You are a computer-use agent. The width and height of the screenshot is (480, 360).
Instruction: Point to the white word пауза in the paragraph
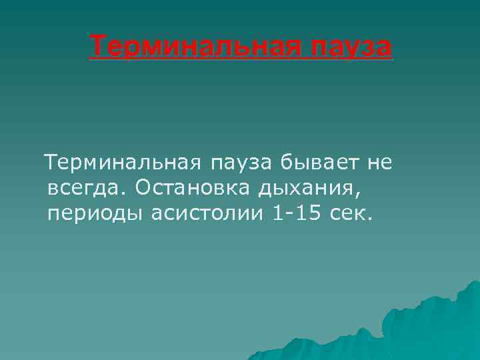[x=243, y=163]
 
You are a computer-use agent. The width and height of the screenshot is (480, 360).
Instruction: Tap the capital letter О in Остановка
[x=143, y=189]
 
